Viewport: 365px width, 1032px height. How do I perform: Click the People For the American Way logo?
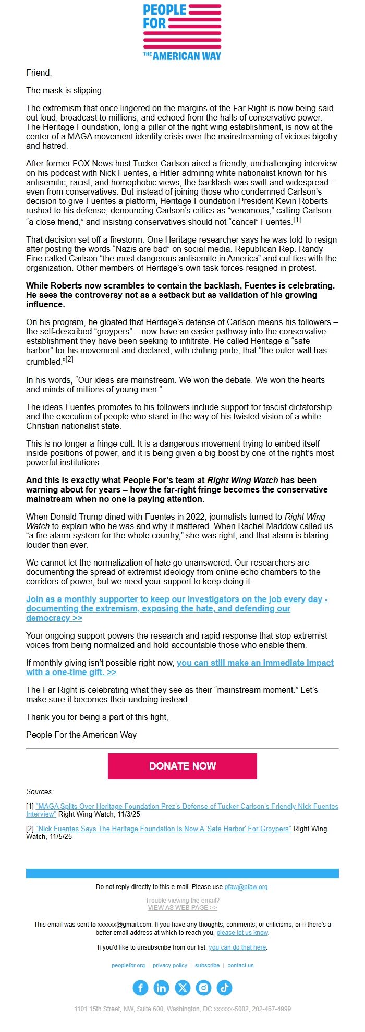point(182,32)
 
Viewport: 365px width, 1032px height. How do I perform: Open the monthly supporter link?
point(177,608)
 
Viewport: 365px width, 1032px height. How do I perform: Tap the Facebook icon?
point(141,988)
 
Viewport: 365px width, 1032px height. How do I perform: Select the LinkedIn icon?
point(162,988)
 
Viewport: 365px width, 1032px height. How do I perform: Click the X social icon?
point(182,988)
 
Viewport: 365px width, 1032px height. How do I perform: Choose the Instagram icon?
point(203,988)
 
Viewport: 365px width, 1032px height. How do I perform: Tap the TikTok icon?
point(224,988)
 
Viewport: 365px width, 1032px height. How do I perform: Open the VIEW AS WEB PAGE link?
point(182,907)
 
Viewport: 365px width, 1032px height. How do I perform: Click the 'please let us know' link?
point(242,932)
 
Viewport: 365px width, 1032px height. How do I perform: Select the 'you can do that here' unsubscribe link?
point(237,947)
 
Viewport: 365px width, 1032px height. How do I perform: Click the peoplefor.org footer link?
point(128,965)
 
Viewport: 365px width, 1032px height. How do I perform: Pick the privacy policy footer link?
point(170,965)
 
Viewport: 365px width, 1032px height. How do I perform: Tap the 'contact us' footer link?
point(240,965)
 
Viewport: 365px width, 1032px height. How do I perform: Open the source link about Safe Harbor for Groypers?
point(163,829)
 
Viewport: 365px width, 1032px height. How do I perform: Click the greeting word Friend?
point(39,73)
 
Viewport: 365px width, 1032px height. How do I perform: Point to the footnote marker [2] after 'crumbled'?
point(69,359)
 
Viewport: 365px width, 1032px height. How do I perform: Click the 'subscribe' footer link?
point(208,965)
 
